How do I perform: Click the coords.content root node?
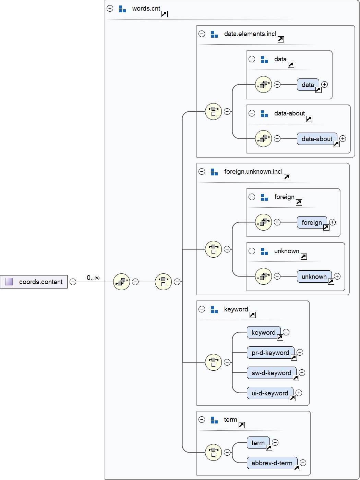click(x=34, y=282)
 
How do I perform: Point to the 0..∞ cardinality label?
click(x=93, y=278)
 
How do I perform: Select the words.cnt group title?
click(x=146, y=9)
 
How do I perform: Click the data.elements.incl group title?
click(x=250, y=34)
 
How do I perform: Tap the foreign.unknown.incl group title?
click(x=253, y=172)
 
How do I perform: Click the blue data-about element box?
click(x=317, y=139)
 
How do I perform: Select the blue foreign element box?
click(x=312, y=222)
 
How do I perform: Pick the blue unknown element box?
click(x=314, y=276)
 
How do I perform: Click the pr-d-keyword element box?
click(x=270, y=353)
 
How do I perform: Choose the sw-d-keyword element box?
click(x=271, y=373)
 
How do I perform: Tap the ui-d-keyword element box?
click(x=270, y=393)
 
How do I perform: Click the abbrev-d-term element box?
click(x=272, y=463)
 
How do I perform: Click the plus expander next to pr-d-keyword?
click(x=300, y=352)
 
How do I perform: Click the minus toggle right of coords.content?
click(x=73, y=282)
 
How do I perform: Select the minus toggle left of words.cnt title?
click(x=110, y=9)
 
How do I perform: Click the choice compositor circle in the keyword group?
click(x=213, y=362)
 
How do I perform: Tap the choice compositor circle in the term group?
click(x=213, y=452)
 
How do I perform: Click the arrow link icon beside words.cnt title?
click(x=165, y=14)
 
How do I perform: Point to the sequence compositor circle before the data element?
click(x=263, y=85)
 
